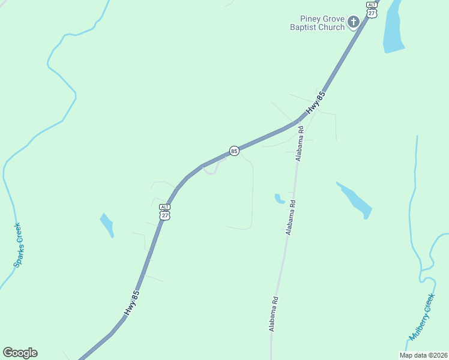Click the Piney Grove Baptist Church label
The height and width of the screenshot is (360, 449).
pyautogui.click(x=318, y=23)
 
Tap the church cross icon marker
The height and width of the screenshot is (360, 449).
pyautogui.click(x=354, y=23)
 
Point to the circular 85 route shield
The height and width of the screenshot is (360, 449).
pyautogui.click(x=234, y=151)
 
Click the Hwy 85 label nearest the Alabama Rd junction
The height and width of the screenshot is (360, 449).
pyautogui.click(x=316, y=103)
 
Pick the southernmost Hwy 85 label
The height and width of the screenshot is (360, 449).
pyautogui.click(x=132, y=303)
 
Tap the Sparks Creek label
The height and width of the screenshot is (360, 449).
pyautogui.click(x=18, y=245)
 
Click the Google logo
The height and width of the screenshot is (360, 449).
pyautogui.click(x=20, y=353)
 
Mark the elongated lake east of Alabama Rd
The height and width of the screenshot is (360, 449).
pyautogui.click(x=356, y=200)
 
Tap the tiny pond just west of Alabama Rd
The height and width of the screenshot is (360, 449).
pyautogui.click(x=279, y=198)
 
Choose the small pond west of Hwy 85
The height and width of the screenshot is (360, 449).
pyautogui.click(x=107, y=224)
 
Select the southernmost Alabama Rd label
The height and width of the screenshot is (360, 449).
pyautogui.click(x=274, y=314)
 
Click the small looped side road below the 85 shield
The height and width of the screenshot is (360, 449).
pyautogui.click(x=210, y=170)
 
